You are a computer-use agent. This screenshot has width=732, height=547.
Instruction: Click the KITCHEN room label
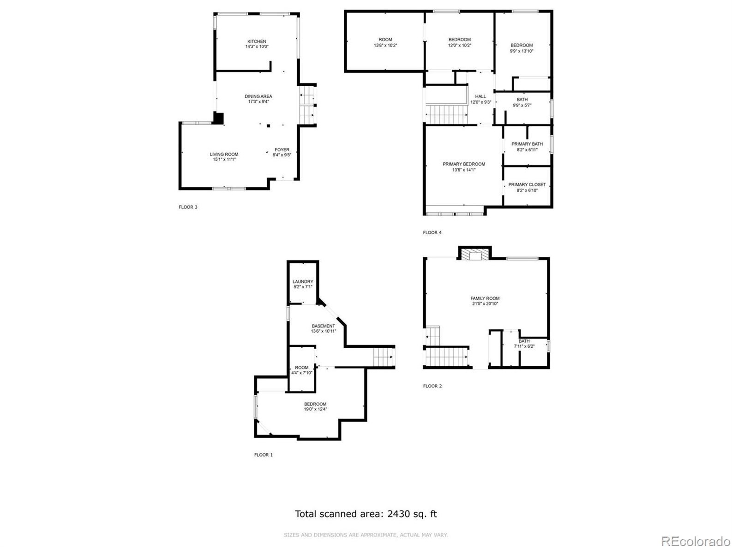pos(257,42)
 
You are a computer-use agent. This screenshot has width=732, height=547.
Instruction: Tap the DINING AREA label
pos(258,96)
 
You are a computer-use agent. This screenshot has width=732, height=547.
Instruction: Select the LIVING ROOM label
pos(224,155)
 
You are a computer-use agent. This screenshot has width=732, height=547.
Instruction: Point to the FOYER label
pos(282,150)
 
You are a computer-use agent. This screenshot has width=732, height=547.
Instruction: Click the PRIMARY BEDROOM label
pos(464,164)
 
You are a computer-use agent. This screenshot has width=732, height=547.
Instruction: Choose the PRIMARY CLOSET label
pos(527,184)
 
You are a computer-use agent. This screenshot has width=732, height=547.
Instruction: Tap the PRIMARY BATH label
pos(527,144)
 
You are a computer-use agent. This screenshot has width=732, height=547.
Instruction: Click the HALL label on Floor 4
pos(480,96)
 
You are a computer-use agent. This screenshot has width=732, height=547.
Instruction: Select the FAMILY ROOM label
pos(485,298)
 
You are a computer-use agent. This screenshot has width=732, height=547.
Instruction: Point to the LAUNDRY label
pos(303,282)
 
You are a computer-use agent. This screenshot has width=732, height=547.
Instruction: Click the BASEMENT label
pos(323,326)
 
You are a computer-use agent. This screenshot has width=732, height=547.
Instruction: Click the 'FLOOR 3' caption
pos(188,207)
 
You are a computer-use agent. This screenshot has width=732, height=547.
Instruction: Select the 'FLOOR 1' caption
pos(264,455)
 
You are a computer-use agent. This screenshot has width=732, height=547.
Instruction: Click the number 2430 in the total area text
pos(400,514)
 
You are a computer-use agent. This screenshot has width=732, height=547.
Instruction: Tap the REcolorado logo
pos(695,541)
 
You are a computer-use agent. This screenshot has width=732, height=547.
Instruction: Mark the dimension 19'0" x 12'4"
pos(315,409)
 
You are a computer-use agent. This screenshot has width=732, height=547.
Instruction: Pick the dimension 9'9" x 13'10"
pos(522,51)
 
